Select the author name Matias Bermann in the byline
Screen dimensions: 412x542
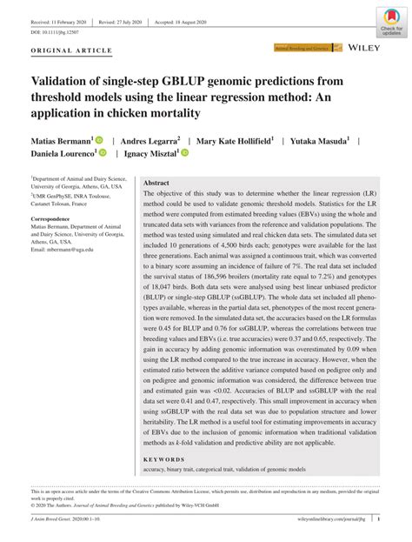(x=53, y=138)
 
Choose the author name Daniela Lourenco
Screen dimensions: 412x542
(x=59, y=153)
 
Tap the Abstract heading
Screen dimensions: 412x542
(x=156, y=184)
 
